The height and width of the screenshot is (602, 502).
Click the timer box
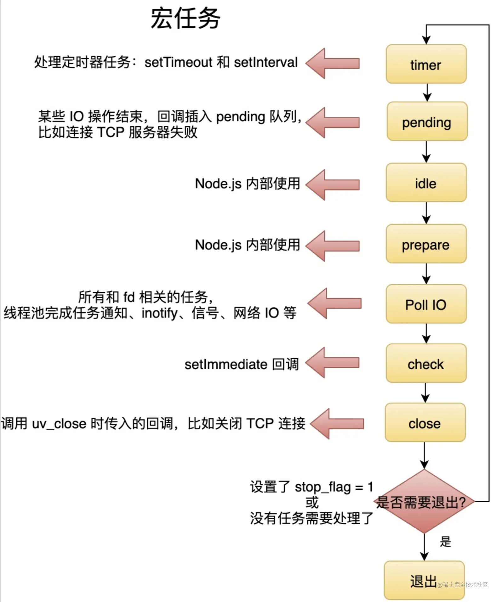426,64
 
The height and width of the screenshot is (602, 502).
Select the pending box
427,121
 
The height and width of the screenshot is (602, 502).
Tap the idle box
426,182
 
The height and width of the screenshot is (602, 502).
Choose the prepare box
426,244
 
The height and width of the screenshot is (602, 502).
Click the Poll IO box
426,304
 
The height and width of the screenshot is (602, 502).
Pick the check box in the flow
426,363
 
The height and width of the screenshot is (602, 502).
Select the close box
425,422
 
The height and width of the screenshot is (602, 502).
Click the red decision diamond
424,501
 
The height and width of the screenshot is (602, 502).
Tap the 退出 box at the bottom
424,580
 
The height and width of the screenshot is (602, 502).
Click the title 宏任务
185,18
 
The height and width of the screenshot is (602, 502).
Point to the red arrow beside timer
332,63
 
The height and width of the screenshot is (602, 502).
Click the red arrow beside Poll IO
334,303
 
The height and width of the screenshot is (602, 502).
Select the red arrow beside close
337,424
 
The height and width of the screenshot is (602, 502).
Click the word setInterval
265,62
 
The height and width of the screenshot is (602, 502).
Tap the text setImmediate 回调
241,364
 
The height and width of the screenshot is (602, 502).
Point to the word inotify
160,313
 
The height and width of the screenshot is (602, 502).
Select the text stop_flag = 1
334,487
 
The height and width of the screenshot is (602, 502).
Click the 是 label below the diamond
445,542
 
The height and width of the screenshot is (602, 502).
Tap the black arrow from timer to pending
427,92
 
